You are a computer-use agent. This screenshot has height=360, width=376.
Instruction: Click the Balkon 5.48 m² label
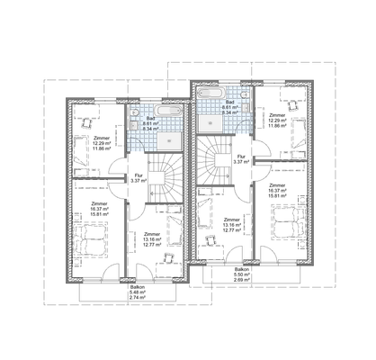pyautogui.click(x=138, y=292)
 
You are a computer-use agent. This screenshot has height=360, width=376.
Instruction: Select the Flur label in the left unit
pyautogui.click(x=139, y=177)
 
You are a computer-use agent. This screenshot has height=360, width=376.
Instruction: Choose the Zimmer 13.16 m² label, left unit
pyautogui.click(x=152, y=238)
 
